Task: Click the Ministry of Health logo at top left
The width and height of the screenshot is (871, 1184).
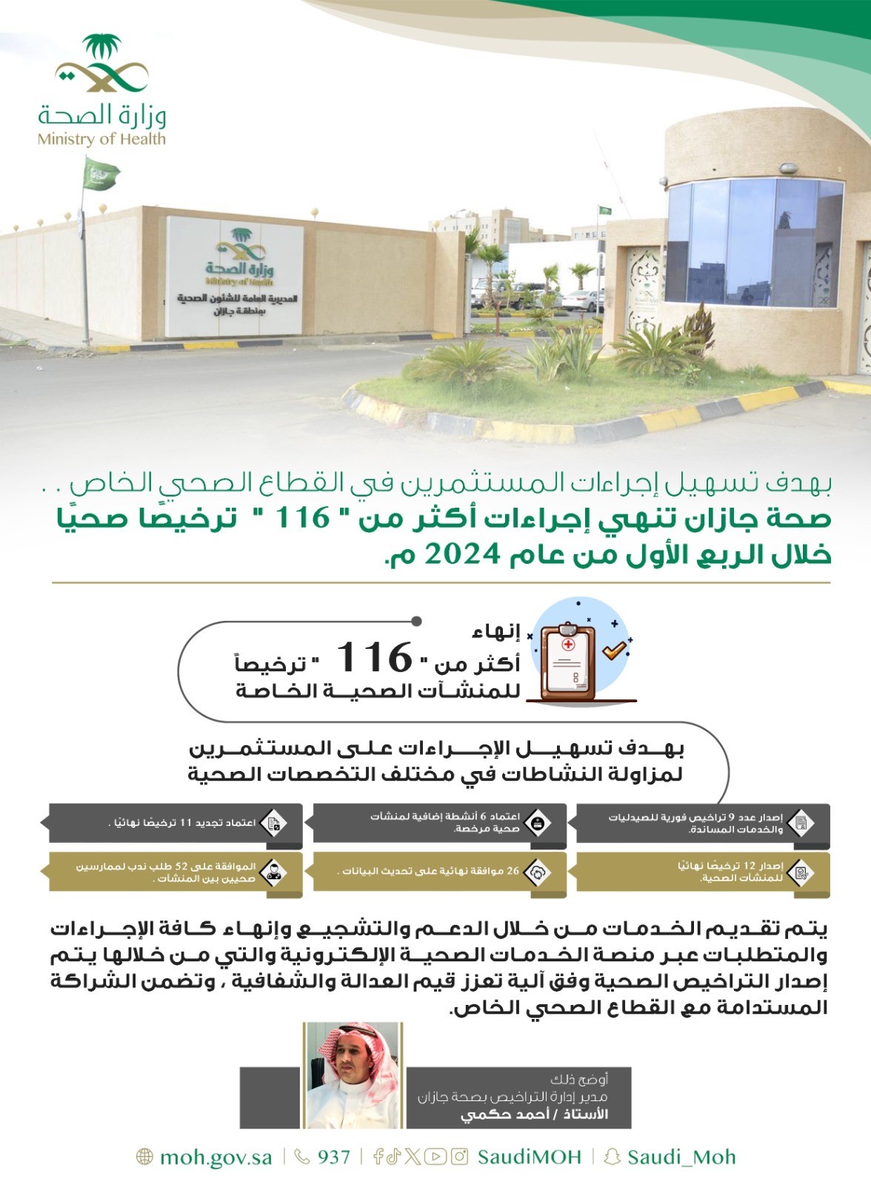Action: (102, 90)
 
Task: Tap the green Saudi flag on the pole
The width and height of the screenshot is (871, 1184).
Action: (100, 176)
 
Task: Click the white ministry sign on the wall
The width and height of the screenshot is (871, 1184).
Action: (234, 277)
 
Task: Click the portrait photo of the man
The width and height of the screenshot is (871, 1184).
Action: (353, 1074)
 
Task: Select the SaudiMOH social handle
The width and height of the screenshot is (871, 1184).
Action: (529, 1157)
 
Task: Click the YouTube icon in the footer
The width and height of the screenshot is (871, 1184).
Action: (435, 1157)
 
